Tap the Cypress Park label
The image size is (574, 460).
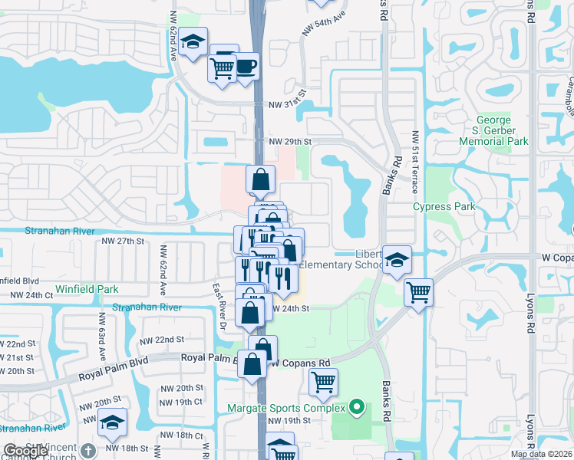tap(444, 206)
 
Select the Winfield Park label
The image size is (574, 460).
tap(87, 290)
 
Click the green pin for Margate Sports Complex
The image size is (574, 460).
tap(356, 407)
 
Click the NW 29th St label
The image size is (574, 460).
tap(290, 142)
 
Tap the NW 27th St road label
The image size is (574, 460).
tap(123, 241)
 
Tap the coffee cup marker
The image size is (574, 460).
tap(246, 65)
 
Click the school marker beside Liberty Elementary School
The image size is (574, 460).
tap(397, 260)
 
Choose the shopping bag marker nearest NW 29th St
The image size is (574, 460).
tap(261, 179)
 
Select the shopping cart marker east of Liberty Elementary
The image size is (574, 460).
tap(418, 291)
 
